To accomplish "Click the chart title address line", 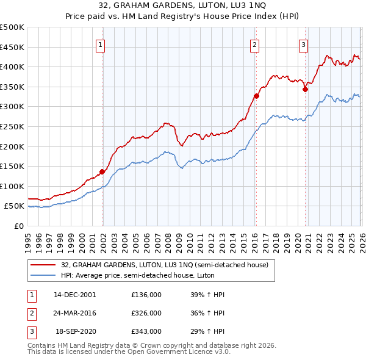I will (183, 6).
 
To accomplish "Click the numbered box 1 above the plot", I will (100, 44).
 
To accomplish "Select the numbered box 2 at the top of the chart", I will (254, 44).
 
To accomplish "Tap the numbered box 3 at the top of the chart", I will (303, 44).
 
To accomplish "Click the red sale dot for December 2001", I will (102, 171).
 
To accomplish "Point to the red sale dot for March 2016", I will (256, 96).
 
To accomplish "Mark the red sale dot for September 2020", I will (305, 89).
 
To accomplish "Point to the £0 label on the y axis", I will (18, 226).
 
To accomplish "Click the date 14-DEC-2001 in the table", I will (74, 295).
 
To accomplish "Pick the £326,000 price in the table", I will (146, 313).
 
